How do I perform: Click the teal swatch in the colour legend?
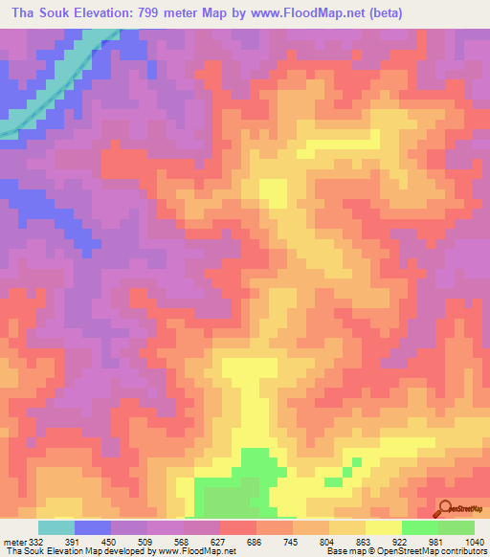(x=56, y=527)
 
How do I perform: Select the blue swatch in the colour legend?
(x=93, y=527)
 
